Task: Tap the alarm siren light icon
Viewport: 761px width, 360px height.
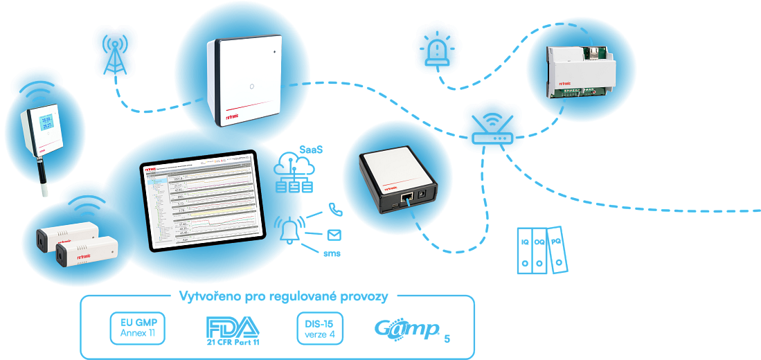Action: click(x=436, y=48)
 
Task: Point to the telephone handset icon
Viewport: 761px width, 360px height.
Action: click(x=335, y=208)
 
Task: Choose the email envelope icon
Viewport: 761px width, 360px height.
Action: click(x=334, y=234)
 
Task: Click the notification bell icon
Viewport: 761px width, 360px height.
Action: click(x=290, y=229)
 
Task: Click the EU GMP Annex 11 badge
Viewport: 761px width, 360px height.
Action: click(x=138, y=328)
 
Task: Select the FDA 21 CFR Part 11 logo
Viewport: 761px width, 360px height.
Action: click(x=232, y=330)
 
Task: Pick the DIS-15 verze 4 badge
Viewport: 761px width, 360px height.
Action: click(x=319, y=328)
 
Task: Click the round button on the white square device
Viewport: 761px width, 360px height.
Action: click(x=251, y=88)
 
